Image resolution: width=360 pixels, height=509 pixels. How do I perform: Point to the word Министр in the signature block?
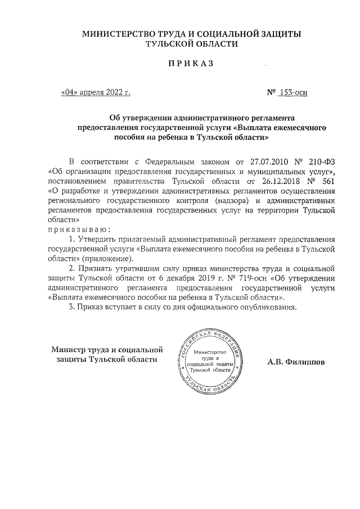pyautogui.click(x=69, y=349)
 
